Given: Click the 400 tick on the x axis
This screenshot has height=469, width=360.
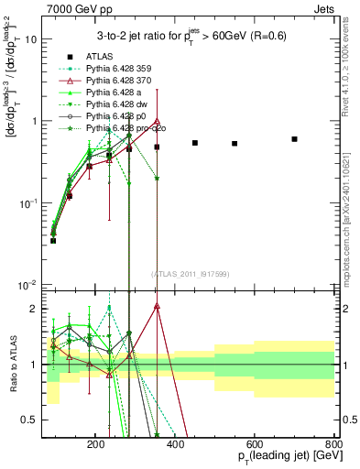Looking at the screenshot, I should pyautogui.click(x=213, y=443).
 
